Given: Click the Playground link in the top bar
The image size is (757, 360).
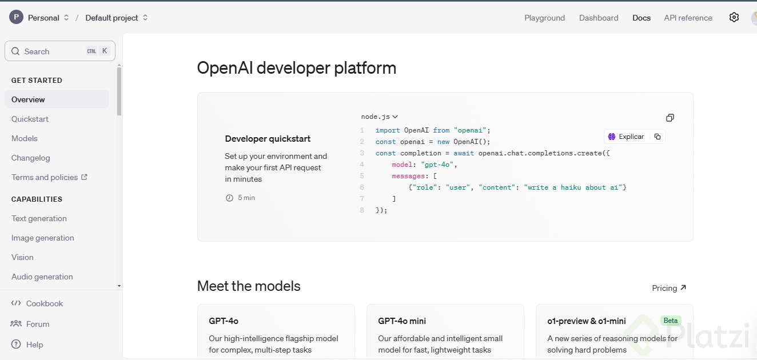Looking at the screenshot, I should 544,18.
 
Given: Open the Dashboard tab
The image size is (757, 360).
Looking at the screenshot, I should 599,18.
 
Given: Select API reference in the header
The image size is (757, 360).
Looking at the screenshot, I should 688,18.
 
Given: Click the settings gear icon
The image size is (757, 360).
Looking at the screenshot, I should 734,18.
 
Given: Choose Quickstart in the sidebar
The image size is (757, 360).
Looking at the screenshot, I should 30,119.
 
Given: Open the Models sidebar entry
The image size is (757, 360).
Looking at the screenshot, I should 25,138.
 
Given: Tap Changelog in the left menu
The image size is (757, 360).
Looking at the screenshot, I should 31,158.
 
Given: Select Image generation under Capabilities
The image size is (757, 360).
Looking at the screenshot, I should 43,238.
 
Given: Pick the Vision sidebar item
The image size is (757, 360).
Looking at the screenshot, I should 22,257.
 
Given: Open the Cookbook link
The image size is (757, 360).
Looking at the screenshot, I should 44,303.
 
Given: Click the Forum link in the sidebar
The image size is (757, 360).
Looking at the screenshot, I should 38,324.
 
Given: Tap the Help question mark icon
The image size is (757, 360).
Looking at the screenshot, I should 16,345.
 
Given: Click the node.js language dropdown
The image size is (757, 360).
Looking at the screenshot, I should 380,117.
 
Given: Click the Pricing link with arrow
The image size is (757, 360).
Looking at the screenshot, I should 669,288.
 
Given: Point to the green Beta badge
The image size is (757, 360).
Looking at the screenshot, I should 671,321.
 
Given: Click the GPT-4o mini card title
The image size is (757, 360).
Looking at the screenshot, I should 402,321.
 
